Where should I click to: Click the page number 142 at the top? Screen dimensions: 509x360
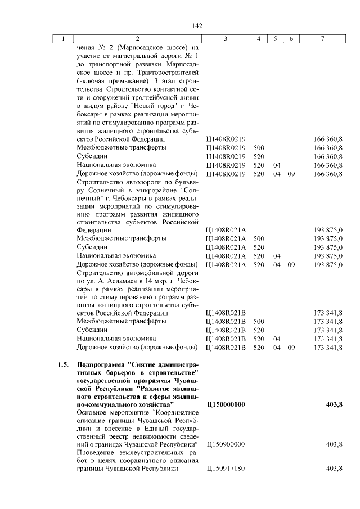click(197, 25)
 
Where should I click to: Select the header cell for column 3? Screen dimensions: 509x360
click(225, 39)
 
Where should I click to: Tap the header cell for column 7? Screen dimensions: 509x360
click(322, 39)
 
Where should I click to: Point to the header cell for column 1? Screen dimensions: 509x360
click(64, 39)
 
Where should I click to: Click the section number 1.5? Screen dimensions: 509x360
click(64, 364)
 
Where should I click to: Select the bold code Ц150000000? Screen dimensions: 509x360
click(226, 404)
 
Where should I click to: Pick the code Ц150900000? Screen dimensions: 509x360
click(226, 444)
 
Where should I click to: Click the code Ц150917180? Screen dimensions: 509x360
click(226, 469)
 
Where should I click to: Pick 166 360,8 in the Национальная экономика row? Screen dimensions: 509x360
click(328, 165)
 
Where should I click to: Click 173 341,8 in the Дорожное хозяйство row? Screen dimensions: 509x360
click(328, 348)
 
